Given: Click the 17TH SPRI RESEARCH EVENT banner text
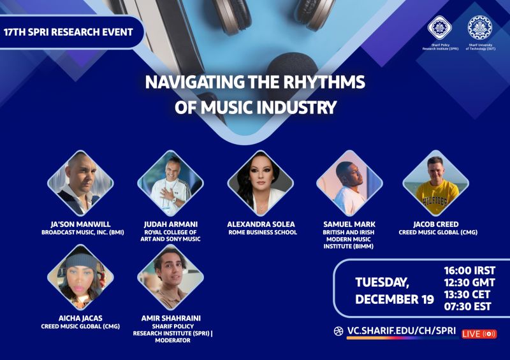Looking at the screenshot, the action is [x=69, y=32].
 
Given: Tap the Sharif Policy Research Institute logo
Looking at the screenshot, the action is [x=440, y=27].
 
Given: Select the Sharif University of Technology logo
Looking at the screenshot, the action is [x=480, y=27].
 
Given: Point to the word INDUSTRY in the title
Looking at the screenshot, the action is [x=294, y=108].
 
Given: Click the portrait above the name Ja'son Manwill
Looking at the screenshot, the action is [x=80, y=183].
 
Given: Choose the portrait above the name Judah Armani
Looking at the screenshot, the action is [x=170, y=183].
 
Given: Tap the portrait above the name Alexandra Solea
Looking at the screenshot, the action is [x=261, y=183].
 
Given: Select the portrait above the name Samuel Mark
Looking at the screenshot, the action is [x=349, y=183].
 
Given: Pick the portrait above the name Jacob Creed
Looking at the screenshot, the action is [x=436, y=183].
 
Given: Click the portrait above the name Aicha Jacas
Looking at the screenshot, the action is [x=80, y=277].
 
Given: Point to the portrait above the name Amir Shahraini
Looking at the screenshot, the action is [x=170, y=277].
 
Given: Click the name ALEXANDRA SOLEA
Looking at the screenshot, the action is [x=261, y=224].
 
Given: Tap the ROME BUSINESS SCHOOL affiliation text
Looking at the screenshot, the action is [x=263, y=233].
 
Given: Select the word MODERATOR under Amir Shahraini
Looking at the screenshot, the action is [x=173, y=340].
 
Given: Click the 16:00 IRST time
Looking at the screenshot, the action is [x=470, y=271].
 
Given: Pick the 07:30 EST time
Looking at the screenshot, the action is [x=468, y=306].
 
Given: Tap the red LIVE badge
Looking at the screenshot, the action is [x=479, y=334].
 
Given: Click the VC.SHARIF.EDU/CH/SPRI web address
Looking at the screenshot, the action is [x=402, y=331].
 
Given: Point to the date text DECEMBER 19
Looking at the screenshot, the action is [x=395, y=299].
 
